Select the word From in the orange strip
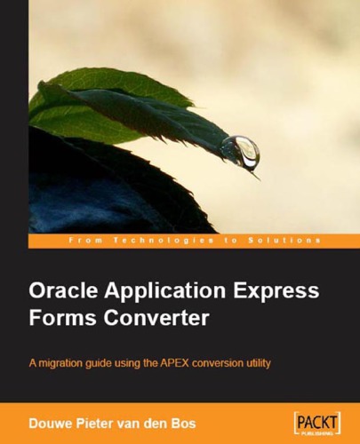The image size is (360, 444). [x=83, y=241]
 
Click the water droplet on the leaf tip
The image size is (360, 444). [x=239, y=152]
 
